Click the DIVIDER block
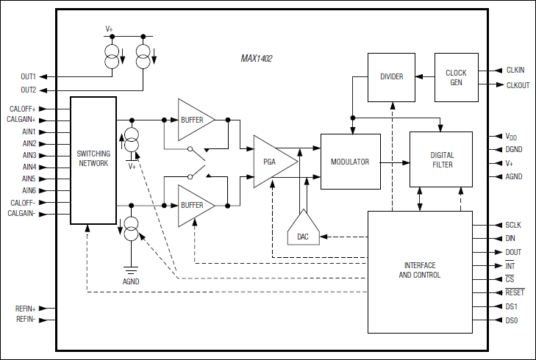pyautogui.click(x=391, y=77)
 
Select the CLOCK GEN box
pyautogui.click(x=456, y=77)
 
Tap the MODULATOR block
pyautogui.click(x=350, y=162)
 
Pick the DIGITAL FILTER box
pyautogui.click(x=441, y=160)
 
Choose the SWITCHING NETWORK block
pyautogui.click(x=93, y=159)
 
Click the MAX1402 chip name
pyautogui.click(x=257, y=58)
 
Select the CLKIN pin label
pyautogui.click(x=515, y=71)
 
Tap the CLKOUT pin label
pyautogui.click(x=518, y=85)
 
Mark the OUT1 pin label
pyautogui.click(x=28, y=76)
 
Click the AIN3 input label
pyautogui.click(x=29, y=156)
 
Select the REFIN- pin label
pyautogui.click(x=26, y=320)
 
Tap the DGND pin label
pyautogui.click(x=515, y=150)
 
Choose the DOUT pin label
pyautogui.click(x=514, y=252)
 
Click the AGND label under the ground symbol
pyautogui.click(x=131, y=281)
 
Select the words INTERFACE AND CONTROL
pyautogui.click(x=419, y=270)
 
